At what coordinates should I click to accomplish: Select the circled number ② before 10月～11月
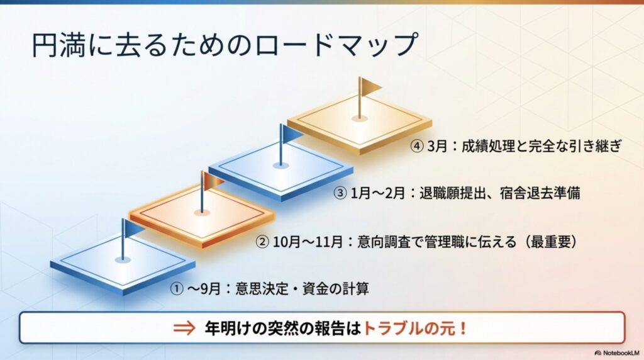click(262, 241)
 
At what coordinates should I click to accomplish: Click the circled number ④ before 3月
click(418, 147)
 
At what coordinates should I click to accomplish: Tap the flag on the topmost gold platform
click(369, 86)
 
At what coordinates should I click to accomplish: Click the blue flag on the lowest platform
click(133, 227)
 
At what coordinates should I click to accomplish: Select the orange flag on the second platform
click(213, 180)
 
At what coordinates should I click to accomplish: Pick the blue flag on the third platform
click(292, 133)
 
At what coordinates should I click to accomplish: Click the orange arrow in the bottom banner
click(186, 329)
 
